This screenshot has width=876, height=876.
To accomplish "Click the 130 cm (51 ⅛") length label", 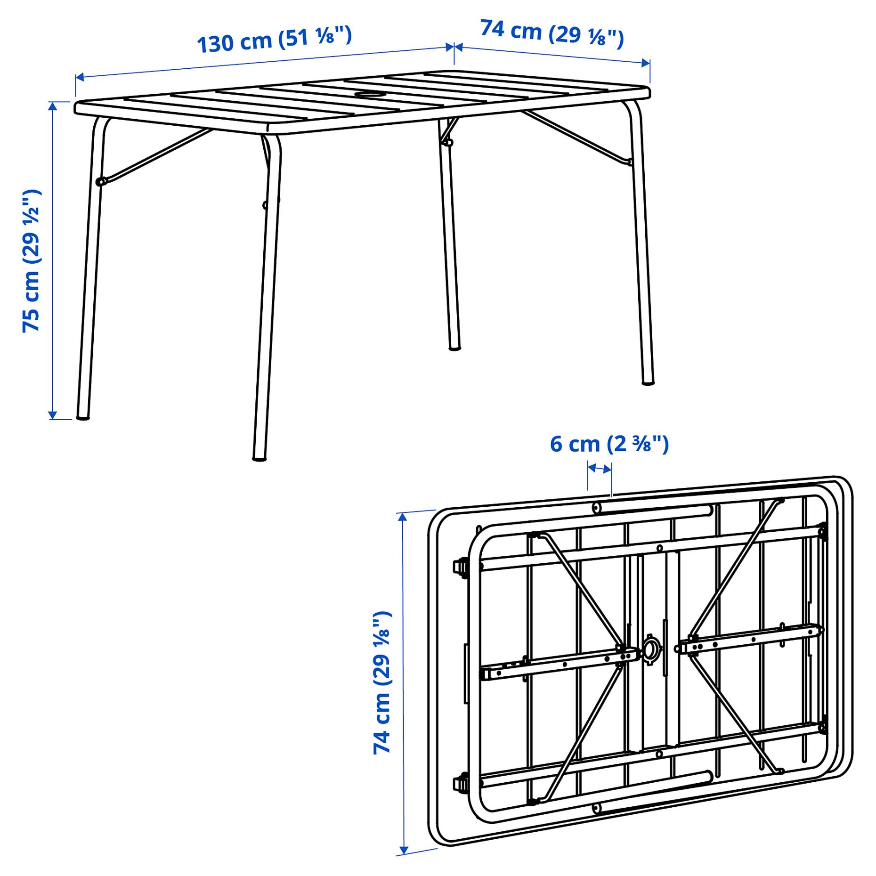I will pos(274,40).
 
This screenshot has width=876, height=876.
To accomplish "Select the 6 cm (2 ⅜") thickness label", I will pos(609,444).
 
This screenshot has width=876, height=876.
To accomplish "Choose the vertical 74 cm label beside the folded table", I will pos(382,682).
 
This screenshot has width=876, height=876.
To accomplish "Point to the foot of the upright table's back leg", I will pos(454,348).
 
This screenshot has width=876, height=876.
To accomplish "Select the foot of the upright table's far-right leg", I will pos(648,382).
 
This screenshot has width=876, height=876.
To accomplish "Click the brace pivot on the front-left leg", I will pos(100,181).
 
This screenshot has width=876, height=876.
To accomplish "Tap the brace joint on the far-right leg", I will pos(630,162).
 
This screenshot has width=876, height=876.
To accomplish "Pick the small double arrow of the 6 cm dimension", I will pos(599,469).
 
